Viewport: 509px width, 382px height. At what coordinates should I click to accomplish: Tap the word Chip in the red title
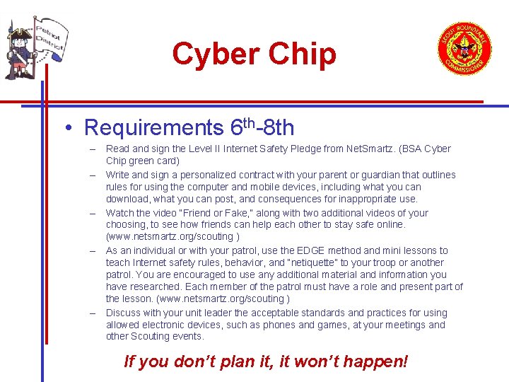(x=300, y=54)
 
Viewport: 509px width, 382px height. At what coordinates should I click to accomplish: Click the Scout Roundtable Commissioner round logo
(x=464, y=48)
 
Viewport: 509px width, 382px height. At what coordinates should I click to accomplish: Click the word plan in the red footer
(x=224, y=361)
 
